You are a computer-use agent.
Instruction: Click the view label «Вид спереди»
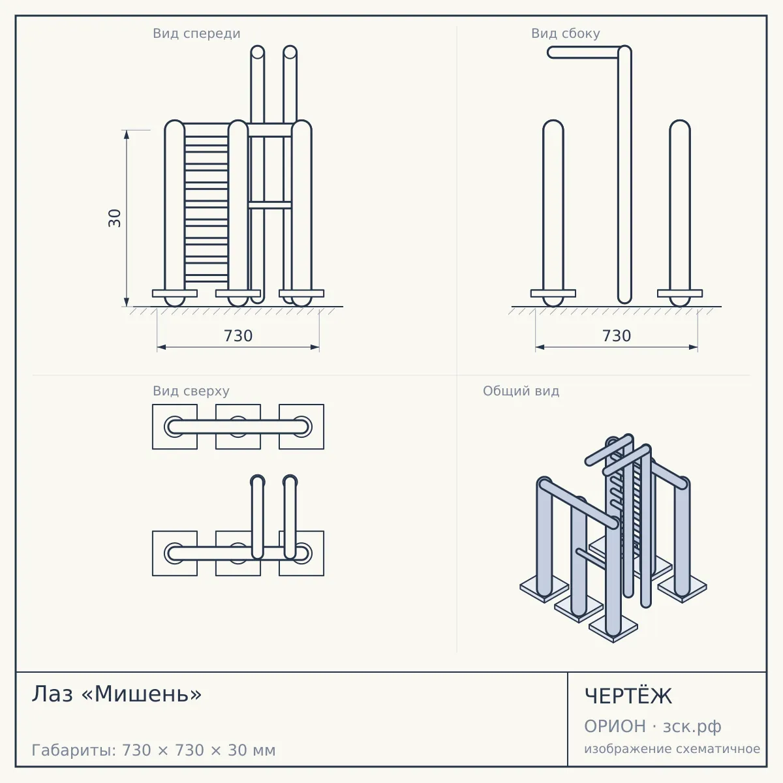(x=196, y=33)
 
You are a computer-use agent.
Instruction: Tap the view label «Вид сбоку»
(x=565, y=33)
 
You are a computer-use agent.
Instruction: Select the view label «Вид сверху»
(x=191, y=391)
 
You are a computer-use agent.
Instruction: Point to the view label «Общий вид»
(x=521, y=391)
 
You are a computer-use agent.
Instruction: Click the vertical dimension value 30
(x=115, y=218)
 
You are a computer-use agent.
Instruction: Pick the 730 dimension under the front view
(x=238, y=336)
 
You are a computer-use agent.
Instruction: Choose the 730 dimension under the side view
(x=617, y=336)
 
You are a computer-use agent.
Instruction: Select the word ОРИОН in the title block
(x=615, y=726)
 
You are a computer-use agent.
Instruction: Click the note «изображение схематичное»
(x=672, y=749)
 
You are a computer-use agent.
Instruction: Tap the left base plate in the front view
(x=175, y=294)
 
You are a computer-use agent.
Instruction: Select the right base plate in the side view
(x=680, y=294)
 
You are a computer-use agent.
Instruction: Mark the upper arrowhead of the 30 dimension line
(x=127, y=134)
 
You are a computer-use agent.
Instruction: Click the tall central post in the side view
(x=624, y=175)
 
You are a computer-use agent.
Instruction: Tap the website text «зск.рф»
(x=692, y=727)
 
